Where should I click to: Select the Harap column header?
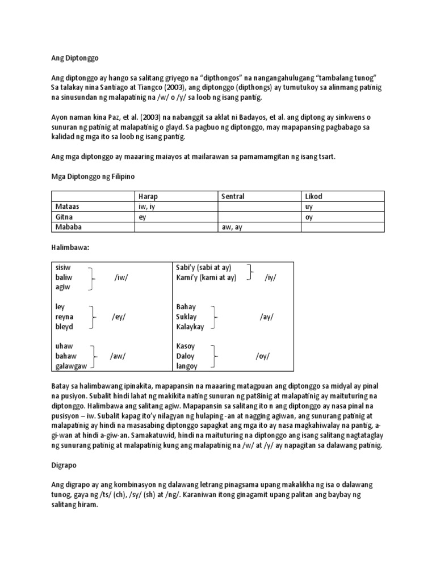click(148, 196)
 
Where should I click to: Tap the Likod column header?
click(313, 196)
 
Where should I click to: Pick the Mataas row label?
click(64, 207)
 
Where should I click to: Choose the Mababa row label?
click(65, 227)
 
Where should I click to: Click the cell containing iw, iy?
click(146, 207)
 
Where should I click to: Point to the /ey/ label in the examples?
click(119, 317)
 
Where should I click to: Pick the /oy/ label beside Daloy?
click(262, 356)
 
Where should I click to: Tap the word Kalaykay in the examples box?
click(191, 327)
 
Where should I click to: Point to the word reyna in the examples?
click(64, 317)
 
